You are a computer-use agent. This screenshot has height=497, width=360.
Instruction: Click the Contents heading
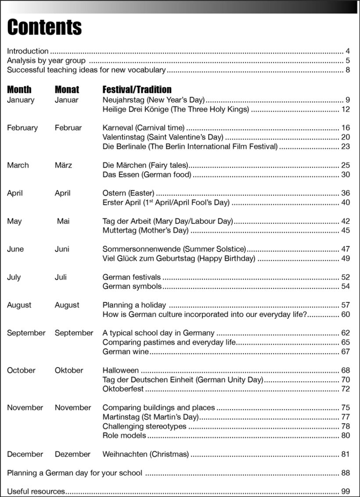(x=44, y=27)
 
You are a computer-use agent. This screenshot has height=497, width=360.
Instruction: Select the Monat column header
(x=67, y=90)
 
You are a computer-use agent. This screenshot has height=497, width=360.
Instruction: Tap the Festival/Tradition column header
(x=137, y=90)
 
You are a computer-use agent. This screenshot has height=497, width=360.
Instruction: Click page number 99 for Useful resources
(x=346, y=491)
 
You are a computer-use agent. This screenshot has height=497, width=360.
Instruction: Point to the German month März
(x=63, y=165)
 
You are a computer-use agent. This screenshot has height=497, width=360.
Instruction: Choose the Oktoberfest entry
(x=123, y=389)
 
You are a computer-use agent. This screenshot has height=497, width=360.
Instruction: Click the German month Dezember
(x=72, y=454)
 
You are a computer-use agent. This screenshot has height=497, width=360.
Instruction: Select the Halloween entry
(x=121, y=370)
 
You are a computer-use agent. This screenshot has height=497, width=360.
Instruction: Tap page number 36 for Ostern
(x=346, y=193)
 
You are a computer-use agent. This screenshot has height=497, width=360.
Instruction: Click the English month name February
(x=22, y=128)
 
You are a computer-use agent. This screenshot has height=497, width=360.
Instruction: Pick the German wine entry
(x=126, y=352)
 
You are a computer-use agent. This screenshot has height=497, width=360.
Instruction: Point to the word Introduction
(x=28, y=51)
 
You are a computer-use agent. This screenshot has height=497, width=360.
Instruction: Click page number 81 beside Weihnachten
(x=346, y=454)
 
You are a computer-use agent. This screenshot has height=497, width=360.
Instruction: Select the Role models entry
(x=124, y=435)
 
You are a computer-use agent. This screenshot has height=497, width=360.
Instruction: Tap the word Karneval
(x=118, y=128)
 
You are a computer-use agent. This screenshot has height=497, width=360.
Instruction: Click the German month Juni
(x=62, y=249)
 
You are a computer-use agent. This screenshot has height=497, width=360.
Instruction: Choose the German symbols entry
(x=132, y=287)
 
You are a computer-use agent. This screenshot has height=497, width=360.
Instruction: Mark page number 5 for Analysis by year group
(x=347, y=61)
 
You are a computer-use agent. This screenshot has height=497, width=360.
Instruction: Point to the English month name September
(x=26, y=333)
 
